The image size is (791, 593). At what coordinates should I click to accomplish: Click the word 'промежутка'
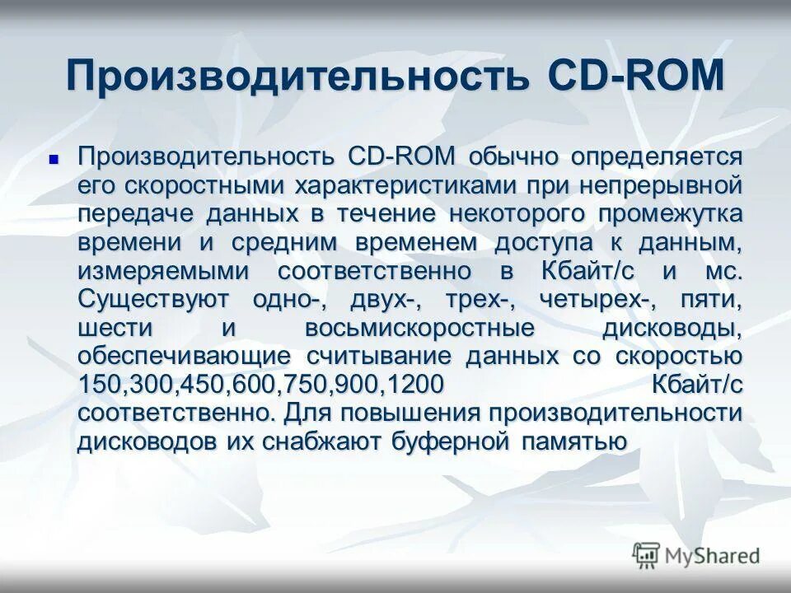pyautogui.click(x=671, y=214)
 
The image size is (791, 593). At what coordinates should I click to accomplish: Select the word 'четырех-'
pyautogui.click(x=590, y=300)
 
